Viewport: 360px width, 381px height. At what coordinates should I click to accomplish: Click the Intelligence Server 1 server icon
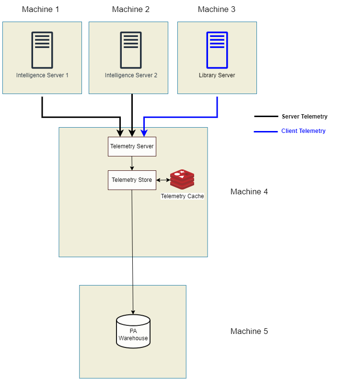point(42,50)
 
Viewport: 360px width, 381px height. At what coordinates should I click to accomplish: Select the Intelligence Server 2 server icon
point(131,50)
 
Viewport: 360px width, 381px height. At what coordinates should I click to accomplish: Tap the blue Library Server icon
point(217,50)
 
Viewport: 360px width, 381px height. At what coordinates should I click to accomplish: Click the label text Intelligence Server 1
point(42,75)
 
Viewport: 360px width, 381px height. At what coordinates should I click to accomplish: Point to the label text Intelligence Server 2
point(131,75)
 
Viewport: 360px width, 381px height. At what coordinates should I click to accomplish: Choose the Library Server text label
point(217,75)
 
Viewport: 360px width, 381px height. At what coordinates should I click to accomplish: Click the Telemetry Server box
point(132,146)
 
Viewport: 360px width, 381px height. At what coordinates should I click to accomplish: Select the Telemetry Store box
point(132,180)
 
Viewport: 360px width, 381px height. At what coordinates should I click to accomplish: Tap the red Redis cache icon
point(182,179)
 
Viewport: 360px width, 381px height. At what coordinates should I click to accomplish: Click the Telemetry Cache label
point(182,196)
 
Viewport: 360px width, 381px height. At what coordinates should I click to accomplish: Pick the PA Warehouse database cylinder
point(133,331)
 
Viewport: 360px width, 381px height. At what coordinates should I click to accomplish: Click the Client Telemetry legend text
point(303,131)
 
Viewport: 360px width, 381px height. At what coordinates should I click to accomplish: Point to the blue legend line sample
point(266,131)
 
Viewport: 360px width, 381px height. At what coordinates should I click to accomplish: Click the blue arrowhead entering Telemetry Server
point(144,133)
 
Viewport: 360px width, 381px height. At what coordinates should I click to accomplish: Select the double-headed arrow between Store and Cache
point(163,180)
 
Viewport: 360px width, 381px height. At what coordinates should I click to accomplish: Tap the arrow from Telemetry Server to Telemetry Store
point(132,163)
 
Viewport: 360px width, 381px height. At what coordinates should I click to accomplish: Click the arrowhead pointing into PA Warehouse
point(133,312)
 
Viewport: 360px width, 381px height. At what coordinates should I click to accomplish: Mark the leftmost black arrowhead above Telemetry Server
point(120,133)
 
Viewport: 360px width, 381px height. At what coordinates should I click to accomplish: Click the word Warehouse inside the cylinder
point(133,338)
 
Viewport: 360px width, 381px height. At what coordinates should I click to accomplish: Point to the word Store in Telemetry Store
point(144,180)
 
